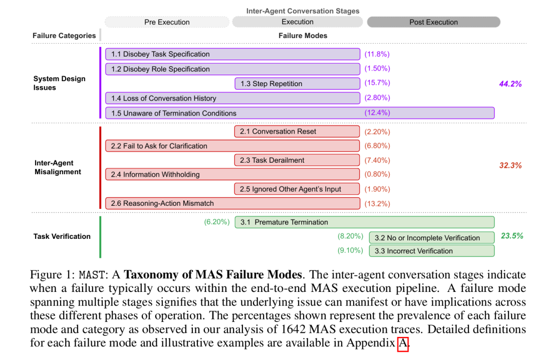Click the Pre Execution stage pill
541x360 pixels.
point(167,22)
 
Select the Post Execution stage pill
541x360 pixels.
point(434,22)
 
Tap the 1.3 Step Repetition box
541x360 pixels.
point(298,84)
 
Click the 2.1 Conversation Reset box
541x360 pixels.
point(297,131)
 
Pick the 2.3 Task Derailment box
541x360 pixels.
point(297,160)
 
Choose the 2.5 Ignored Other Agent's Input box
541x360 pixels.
point(297,189)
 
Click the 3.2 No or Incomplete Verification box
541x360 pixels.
point(432,238)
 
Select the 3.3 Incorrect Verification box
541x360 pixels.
point(432,251)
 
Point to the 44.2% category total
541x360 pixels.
point(510,84)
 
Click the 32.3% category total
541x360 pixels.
point(510,165)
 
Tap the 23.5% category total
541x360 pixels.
point(512,236)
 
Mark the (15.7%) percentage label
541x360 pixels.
point(377,83)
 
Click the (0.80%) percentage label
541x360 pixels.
point(377,174)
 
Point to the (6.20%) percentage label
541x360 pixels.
point(217,222)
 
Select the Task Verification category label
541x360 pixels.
point(62,236)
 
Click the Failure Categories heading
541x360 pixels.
point(64,36)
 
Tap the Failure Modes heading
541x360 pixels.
point(303,36)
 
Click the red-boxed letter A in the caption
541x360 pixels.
point(403,344)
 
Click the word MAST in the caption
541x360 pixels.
point(92,275)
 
